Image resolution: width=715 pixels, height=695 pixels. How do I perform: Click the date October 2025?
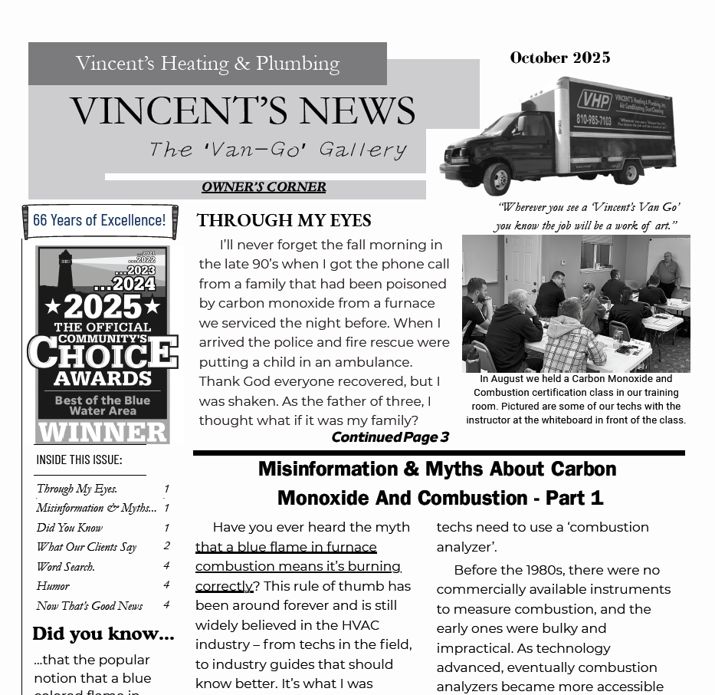(559, 58)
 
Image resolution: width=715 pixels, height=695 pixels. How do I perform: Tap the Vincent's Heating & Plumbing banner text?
(208, 64)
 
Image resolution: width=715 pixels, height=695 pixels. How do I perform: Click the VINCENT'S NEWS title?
(242, 111)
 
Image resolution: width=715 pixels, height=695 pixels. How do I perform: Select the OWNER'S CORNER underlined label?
(264, 187)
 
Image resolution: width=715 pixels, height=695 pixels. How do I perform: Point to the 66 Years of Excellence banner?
(100, 221)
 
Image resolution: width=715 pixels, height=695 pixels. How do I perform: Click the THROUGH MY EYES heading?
(284, 221)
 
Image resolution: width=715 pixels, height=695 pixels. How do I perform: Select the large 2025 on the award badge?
(103, 307)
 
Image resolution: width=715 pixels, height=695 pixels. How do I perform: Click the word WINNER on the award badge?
(103, 432)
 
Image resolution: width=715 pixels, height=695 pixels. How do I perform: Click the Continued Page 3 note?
(389, 437)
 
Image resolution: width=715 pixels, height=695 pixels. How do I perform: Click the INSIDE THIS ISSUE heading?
(79, 459)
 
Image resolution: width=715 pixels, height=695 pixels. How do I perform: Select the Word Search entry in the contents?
(66, 567)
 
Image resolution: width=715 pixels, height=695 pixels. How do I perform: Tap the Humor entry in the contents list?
(53, 586)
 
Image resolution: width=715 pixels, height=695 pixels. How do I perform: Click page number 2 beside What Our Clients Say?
(166, 546)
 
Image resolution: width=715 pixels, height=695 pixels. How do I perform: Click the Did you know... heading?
(103, 634)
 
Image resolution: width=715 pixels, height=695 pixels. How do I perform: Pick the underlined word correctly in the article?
(224, 586)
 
